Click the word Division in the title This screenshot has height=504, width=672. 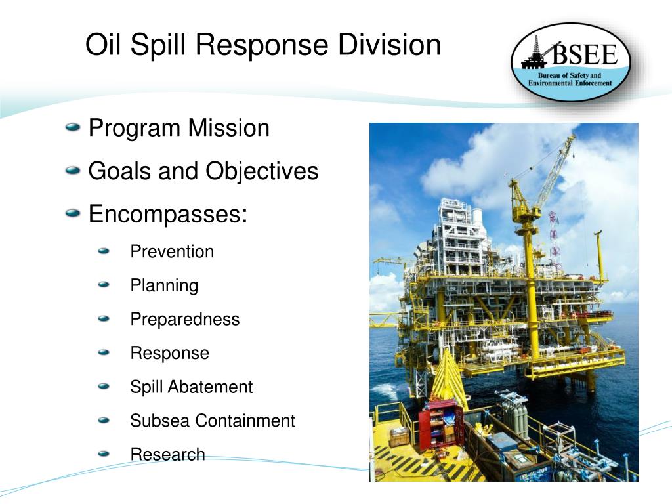[x=389, y=45]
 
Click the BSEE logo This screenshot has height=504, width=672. [x=570, y=63]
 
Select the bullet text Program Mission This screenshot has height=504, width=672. [x=178, y=128]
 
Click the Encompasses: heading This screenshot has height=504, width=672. [x=167, y=214]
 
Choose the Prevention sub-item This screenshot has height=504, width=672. [x=172, y=251]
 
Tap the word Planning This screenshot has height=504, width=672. [x=164, y=285]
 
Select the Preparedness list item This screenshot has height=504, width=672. [x=185, y=320]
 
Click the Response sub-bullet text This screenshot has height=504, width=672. [x=169, y=353]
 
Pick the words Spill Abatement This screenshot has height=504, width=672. [x=191, y=387]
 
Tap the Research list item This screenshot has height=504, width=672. [x=167, y=454]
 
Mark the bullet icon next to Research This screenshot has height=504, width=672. [x=104, y=453]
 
